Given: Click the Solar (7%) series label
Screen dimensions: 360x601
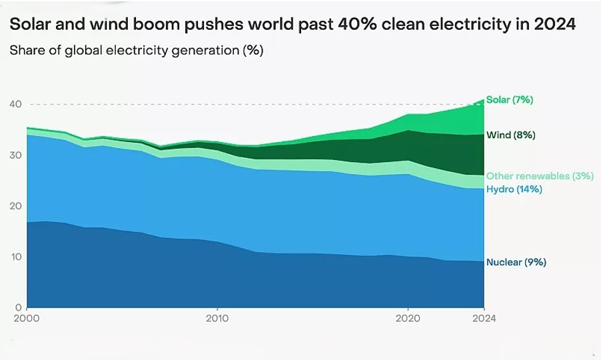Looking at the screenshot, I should click(510, 100).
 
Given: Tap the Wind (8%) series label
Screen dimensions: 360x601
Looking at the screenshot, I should click(510, 135).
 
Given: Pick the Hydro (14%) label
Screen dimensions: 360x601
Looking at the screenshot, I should click(514, 189).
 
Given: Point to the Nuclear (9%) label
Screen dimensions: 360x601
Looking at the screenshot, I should click(516, 263).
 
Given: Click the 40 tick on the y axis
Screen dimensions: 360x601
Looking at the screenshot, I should click(15, 105).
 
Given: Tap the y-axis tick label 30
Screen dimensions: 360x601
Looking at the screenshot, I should click(15, 155).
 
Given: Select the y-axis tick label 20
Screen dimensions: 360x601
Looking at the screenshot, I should click(15, 206).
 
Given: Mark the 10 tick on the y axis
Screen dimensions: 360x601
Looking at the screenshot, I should click(15, 257).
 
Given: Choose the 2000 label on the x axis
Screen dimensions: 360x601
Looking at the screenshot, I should click(27, 319).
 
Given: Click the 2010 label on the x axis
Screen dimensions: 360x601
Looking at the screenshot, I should click(217, 319).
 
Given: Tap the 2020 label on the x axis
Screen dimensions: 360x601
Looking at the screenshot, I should click(407, 319).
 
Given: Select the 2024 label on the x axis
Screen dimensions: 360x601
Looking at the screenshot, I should click(483, 319).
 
